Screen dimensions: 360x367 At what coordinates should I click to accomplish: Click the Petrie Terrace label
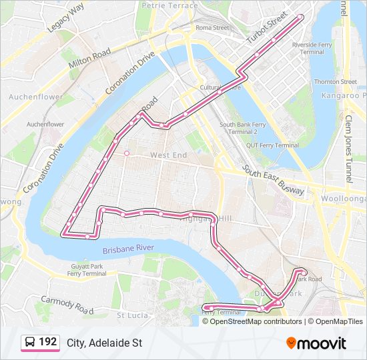(169, 5)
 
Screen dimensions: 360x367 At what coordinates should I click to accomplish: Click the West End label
(169, 155)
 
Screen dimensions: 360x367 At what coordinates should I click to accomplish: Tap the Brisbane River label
(128, 249)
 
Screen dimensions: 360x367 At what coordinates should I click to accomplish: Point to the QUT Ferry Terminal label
(272, 145)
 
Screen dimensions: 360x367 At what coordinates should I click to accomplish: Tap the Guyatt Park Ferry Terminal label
(87, 270)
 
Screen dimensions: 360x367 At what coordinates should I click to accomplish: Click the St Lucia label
(131, 315)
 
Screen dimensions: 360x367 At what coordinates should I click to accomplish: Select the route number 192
(47, 342)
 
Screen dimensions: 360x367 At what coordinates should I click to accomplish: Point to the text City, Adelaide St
(104, 343)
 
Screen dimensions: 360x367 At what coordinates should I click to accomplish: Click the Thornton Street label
(335, 82)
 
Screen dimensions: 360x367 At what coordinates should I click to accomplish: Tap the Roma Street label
(212, 28)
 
